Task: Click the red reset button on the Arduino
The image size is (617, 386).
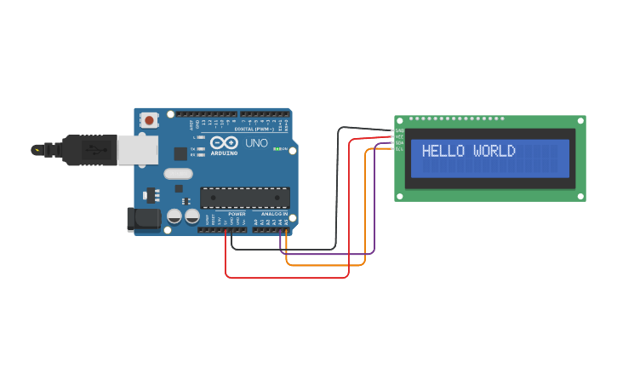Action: (150, 120)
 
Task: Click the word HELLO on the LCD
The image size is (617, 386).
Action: (443, 152)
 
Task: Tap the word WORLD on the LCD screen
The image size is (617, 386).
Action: (494, 152)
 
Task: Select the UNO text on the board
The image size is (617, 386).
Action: (256, 142)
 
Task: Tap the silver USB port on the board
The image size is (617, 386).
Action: (136, 150)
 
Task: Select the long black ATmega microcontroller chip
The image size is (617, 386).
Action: (244, 197)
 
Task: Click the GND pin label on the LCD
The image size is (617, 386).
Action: (399, 130)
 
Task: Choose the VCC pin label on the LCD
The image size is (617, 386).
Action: (399, 136)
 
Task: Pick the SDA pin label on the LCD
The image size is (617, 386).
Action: (399, 142)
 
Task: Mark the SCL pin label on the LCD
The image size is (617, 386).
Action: (399, 148)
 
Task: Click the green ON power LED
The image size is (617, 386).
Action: (277, 148)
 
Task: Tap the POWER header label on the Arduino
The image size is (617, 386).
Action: (237, 214)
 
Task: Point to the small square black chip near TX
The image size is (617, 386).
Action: (180, 154)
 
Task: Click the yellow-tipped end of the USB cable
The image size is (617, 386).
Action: (37, 150)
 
